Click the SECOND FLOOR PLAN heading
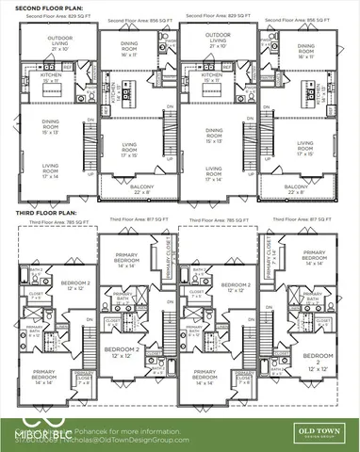41,7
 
